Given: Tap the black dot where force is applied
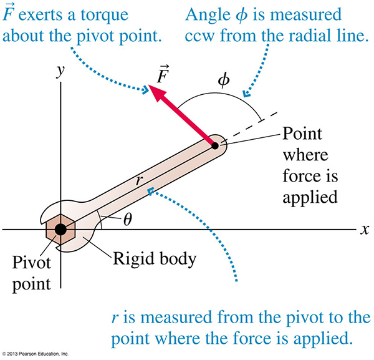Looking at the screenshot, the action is coord(215,145).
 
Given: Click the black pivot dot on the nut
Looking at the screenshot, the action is coord(60,230).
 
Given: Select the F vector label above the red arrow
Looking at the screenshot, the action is coord(163,74).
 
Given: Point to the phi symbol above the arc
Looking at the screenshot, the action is coord(224,80).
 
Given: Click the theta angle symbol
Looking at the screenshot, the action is coord(128,219).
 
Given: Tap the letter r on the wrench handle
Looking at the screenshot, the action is coord(139,180).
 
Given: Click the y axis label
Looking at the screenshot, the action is coord(60,71).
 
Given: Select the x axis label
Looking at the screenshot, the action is coord(365,230).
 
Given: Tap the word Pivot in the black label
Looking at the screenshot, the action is coord(32,263).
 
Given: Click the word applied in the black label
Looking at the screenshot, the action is coord(310,198).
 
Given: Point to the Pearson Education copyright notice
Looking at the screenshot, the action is coord(35,354).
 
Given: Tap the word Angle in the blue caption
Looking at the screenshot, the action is coord(208,16).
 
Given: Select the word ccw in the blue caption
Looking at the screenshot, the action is coord(199,36).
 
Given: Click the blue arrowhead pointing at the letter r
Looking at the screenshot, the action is coord(151,191).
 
